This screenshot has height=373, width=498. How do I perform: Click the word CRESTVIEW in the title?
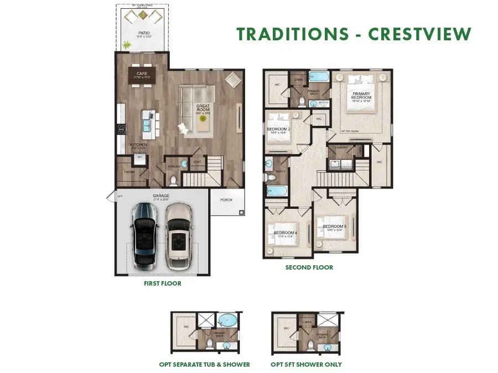(420, 34)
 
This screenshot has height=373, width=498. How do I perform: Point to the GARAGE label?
(161, 196)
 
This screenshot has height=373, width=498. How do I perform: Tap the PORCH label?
(226, 200)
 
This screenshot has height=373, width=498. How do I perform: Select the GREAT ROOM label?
(203, 108)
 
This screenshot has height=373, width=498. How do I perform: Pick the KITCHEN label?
(138, 145)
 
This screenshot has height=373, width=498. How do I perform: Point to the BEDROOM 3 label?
(334, 227)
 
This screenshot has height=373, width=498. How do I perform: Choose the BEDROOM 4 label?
(284, 233)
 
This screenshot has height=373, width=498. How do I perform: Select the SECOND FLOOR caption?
(309, 267)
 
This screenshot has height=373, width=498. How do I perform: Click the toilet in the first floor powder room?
(173, 180)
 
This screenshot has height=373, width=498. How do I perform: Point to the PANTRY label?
(129, 172)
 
